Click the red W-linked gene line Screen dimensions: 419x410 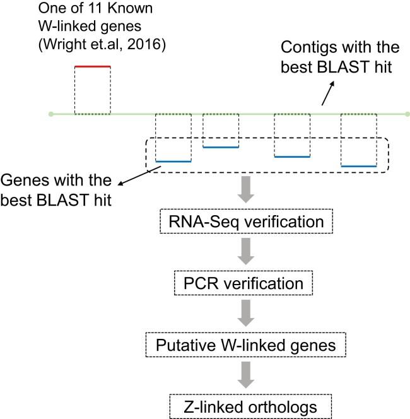click(93, 66)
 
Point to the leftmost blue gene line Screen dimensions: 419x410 click(173, 162)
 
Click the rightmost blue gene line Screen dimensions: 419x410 click(358, 166)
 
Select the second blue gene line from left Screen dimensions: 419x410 click(221, 147)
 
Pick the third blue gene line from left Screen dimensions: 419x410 click(292, 156)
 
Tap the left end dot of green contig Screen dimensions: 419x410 click(51, 114)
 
